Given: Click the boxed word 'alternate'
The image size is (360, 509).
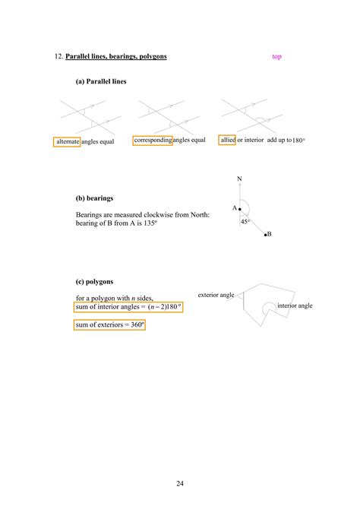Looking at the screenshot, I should click(x=67, y=142).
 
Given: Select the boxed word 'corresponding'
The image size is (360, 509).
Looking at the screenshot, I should click(x=152, y=141).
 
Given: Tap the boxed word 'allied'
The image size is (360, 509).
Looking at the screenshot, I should click(x=227, y=141).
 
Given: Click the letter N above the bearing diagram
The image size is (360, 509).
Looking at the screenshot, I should click(x=239, y=180).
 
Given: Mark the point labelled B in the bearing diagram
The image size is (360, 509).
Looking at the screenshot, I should click(x=265, y=235).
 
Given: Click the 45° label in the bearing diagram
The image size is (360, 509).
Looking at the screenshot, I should click(x=245, y=222).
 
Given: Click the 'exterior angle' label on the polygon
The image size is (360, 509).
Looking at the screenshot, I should click(x=216, y=294).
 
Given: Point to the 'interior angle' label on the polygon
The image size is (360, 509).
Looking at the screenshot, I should click(x=295, y=305).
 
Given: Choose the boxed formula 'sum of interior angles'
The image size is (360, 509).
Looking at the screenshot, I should click(x=128, y=307).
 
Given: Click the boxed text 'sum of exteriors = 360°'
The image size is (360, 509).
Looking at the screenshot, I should click(x=109, y=324).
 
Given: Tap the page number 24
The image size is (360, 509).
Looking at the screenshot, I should click(x=179, y=482).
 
